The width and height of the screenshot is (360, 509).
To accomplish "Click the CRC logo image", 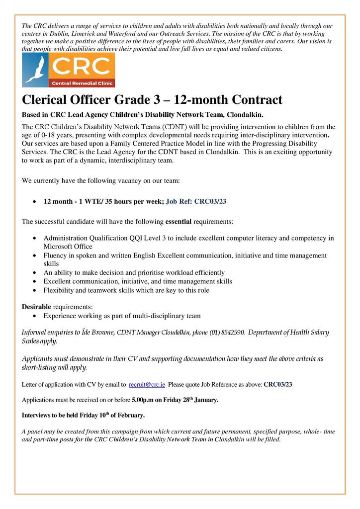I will coord(68,70).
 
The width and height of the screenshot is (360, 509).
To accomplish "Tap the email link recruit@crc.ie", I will coord(147,384).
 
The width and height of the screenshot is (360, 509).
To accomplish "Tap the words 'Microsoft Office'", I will coord(68,247).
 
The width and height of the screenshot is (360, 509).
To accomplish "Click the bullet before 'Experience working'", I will coord(33,316).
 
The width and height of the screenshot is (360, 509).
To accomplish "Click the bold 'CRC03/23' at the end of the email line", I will coord(277,384).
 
